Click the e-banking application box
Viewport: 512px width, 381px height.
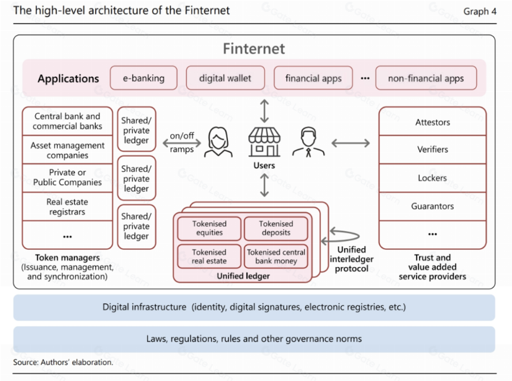143,78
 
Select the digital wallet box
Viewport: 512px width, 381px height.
225,78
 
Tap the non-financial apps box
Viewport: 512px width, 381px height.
426,78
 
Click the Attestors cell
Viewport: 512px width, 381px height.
432,122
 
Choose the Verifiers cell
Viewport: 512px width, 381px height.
432,150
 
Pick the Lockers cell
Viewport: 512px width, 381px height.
432,178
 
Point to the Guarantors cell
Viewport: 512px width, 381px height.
432,206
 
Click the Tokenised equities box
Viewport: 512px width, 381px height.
210,228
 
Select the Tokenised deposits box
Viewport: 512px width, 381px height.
276,228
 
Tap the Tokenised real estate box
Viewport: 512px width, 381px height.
210,256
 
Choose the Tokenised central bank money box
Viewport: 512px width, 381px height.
276,256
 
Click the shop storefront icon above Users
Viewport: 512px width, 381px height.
264,142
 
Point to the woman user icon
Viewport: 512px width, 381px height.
218,142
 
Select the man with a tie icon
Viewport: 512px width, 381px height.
308,142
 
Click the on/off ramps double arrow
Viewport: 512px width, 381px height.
182,143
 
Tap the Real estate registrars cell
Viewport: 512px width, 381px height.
67,207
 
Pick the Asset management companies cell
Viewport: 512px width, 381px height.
67,150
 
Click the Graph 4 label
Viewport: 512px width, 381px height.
480,11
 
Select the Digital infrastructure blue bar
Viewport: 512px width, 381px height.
254,308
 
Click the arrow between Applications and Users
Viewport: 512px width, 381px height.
264,111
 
